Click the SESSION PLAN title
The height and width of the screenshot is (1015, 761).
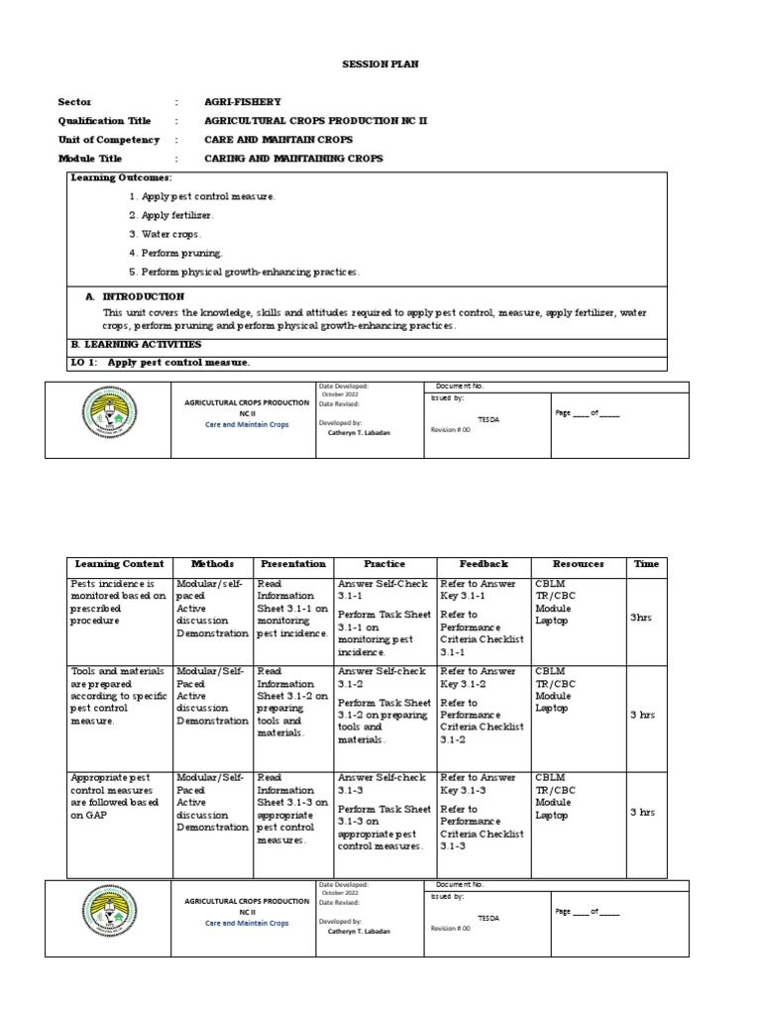(x=380, y=63)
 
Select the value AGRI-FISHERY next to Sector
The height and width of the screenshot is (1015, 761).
(x=243, y=102)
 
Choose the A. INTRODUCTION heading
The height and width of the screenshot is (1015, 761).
(x=134, y=296)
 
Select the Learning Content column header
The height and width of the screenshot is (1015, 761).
(x=119, y=564)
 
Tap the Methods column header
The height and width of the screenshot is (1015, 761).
(x=212, y=564)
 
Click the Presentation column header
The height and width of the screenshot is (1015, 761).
(x=292, y=564)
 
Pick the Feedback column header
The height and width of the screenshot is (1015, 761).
(x=484, y=564)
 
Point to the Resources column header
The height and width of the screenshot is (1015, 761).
(x=578, y=564)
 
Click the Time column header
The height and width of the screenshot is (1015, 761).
(x=646, y=564)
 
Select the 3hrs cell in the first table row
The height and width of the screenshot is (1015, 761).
(x=643, y=617)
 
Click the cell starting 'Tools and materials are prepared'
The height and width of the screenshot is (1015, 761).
(x=118, y=697)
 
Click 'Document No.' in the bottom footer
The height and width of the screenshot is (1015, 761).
(x=460, y=883)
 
